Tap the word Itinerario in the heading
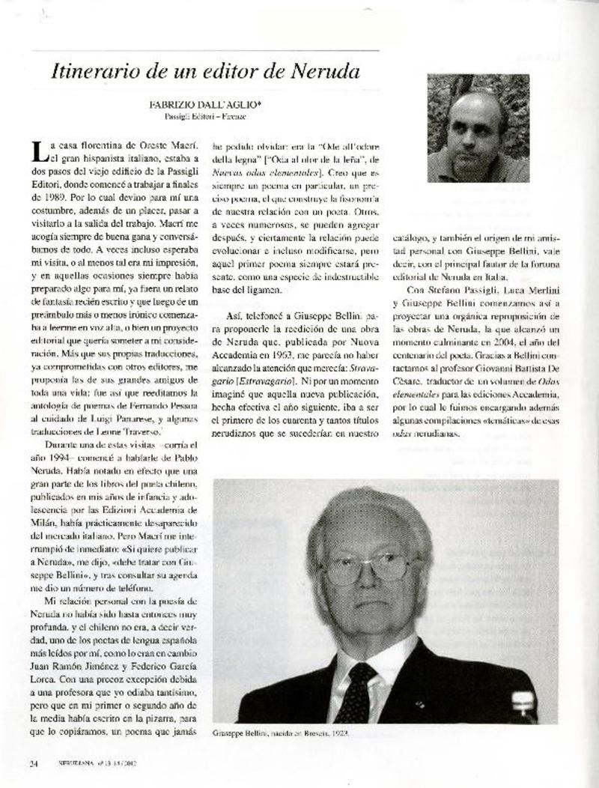click(x=88, y=72)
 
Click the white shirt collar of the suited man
click(x=382, y=659)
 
